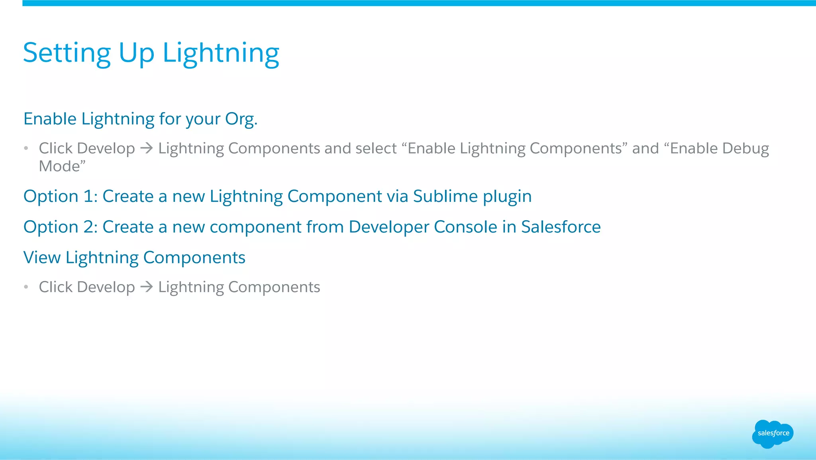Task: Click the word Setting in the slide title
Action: pyautogui.click(x=67, y=53)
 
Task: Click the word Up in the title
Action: pyautogui.click(x=136, y=53)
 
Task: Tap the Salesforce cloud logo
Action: pyautogui.click(x=773, y=434)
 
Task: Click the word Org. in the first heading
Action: pyautogui.click(x=241, y=119)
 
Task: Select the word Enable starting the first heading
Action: pyautogui.click(x=50, y=119)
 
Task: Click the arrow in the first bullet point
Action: pyautogui.click(x=147, y=148)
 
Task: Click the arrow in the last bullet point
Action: pyautogui.click(x=147, y=287)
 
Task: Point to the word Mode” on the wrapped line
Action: pyautogui.click(x=62, y=166)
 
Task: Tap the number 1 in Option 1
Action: pyautogui.click(x=88, y=196)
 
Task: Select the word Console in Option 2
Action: pyautogui.click(x=465, y=227)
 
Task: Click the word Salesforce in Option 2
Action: pyautogui.click(x=561, y=227)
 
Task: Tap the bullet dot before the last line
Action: pyautogui.click(x=26, y=287)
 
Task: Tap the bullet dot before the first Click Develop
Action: pyautogui.click(x=26, y=148)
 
